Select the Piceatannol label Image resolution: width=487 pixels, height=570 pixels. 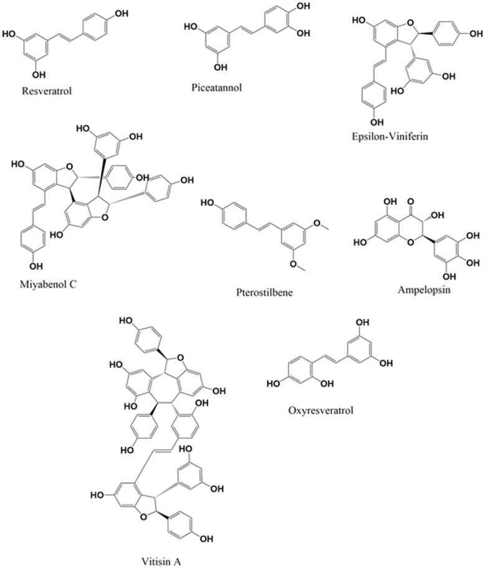216,88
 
